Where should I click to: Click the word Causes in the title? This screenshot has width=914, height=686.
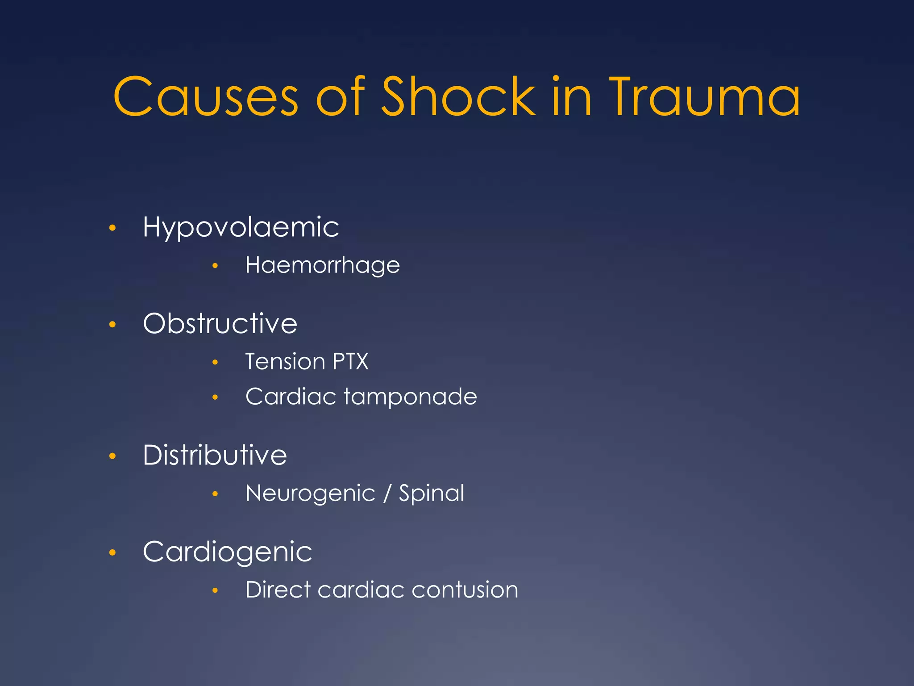click(206, 97)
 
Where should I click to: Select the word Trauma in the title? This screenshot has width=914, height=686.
click(705, 97)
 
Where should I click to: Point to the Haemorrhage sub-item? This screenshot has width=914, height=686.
click(323, 266)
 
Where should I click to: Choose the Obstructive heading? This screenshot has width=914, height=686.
click(220, 323)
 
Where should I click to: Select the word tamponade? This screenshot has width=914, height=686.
click(410, 397)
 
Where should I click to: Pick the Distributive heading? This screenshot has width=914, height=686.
click(215, 455)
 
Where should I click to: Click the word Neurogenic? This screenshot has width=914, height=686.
click(311, 494)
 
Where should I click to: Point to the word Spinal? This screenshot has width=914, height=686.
click(432, 494)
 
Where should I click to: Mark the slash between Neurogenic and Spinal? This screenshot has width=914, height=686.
click(387, 494)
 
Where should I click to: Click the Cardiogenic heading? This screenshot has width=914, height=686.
click(228, 552)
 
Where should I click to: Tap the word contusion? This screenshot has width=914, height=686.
click(465, 590)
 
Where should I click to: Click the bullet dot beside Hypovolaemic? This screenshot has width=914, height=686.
click(112, 228)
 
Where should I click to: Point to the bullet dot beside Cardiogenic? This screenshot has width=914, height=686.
click(112, 553)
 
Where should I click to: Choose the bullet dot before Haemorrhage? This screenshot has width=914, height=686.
click(215, 266)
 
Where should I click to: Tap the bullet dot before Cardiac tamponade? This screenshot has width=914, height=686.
click(215, 397)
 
